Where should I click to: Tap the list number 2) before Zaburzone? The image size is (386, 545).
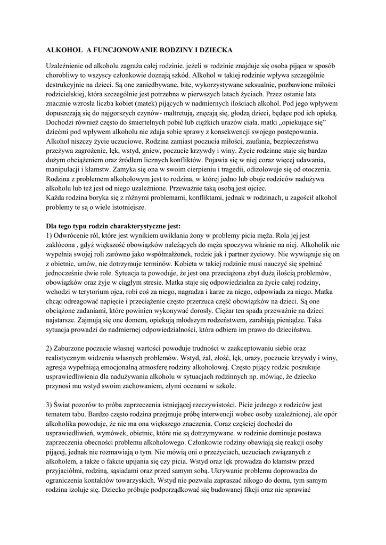pos(50,348)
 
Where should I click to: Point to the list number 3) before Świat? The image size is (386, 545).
pos(50,404)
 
